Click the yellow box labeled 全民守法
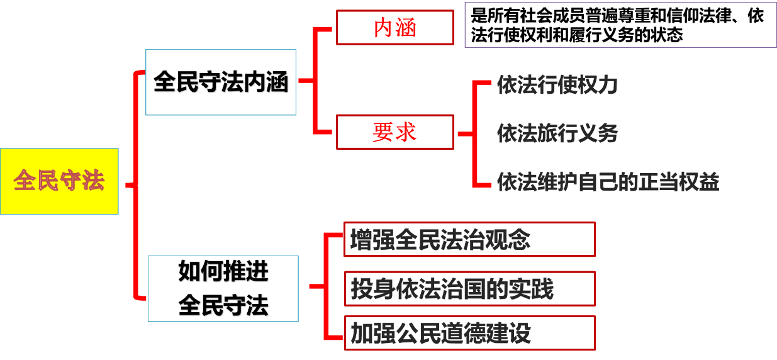[x=59, y=181]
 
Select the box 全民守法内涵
[x=221, y=82]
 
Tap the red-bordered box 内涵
[x=394, y=28]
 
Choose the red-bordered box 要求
[x=394, y=132]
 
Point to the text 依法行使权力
[x=557, y=85]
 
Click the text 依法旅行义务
[x=557, y=133]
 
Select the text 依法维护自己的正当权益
[x=608, y=182]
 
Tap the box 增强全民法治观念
[x=469, y=240]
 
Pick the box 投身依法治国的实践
[x=469, y=289]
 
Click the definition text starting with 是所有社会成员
[x=617, y=25]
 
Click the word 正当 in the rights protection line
[x=659, y=182]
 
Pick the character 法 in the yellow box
[x=93, y=181]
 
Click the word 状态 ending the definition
[x=667, y=35]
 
